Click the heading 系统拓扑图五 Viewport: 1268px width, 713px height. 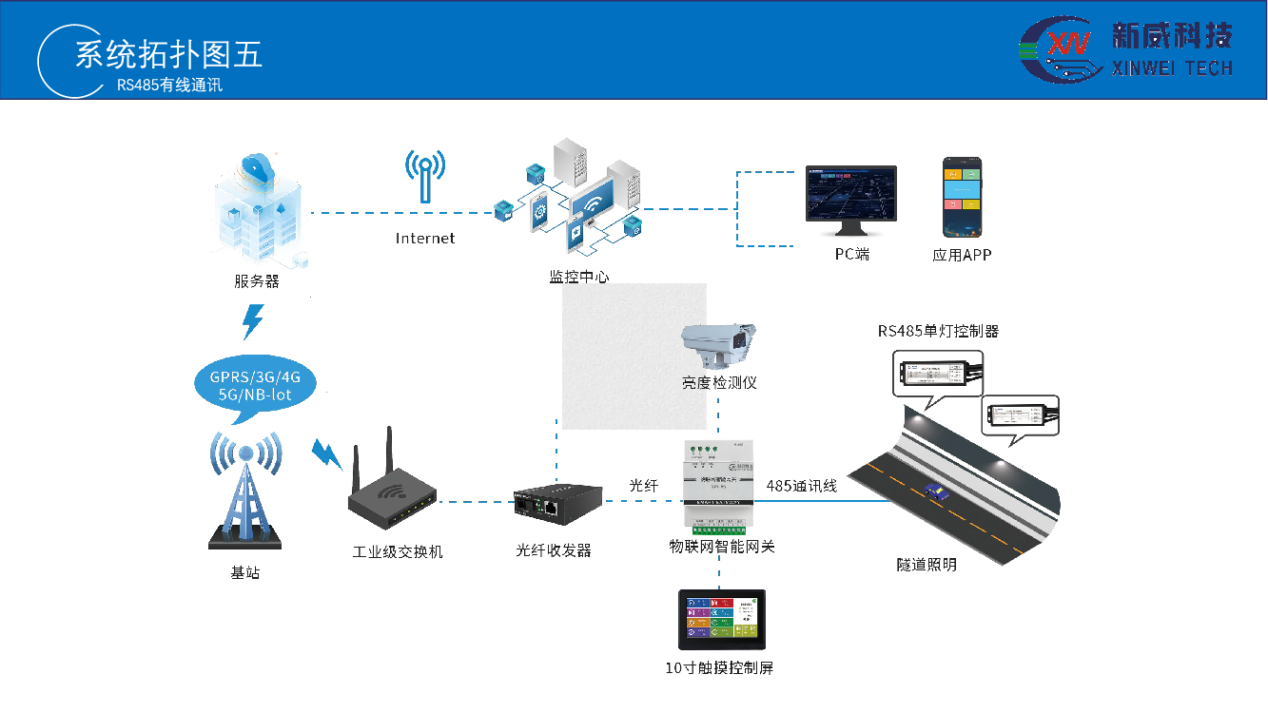point(168,54)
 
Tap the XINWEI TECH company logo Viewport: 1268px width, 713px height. point(1126,49)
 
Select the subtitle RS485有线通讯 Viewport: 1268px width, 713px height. point(169,85)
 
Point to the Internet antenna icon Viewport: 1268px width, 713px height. point(424,176)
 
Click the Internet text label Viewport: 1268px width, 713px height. point(425,239)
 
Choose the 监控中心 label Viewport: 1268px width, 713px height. point(578,278)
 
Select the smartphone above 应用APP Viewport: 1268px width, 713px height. point(962,197)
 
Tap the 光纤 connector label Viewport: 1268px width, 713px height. point(643,486)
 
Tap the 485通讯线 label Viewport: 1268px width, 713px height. point(801,486)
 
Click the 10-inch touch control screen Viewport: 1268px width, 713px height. point(720,620)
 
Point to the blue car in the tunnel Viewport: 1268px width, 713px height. point(933,490)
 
